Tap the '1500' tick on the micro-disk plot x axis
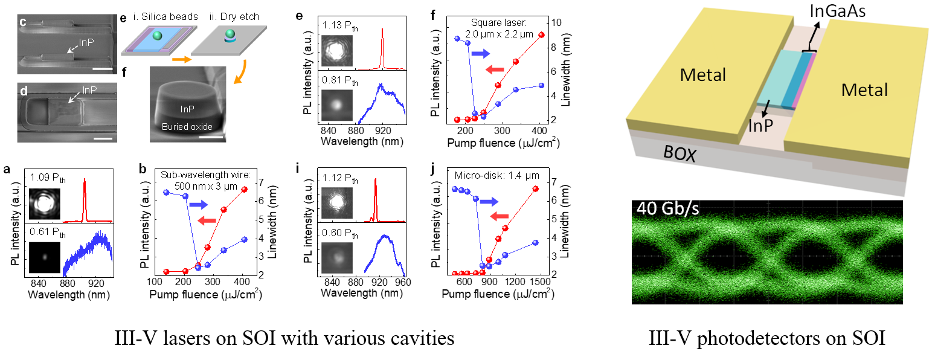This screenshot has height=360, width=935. pyautogui.click(x=540, y=283)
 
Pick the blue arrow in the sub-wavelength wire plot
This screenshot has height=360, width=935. pyautogui.click(x=199, y=206)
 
